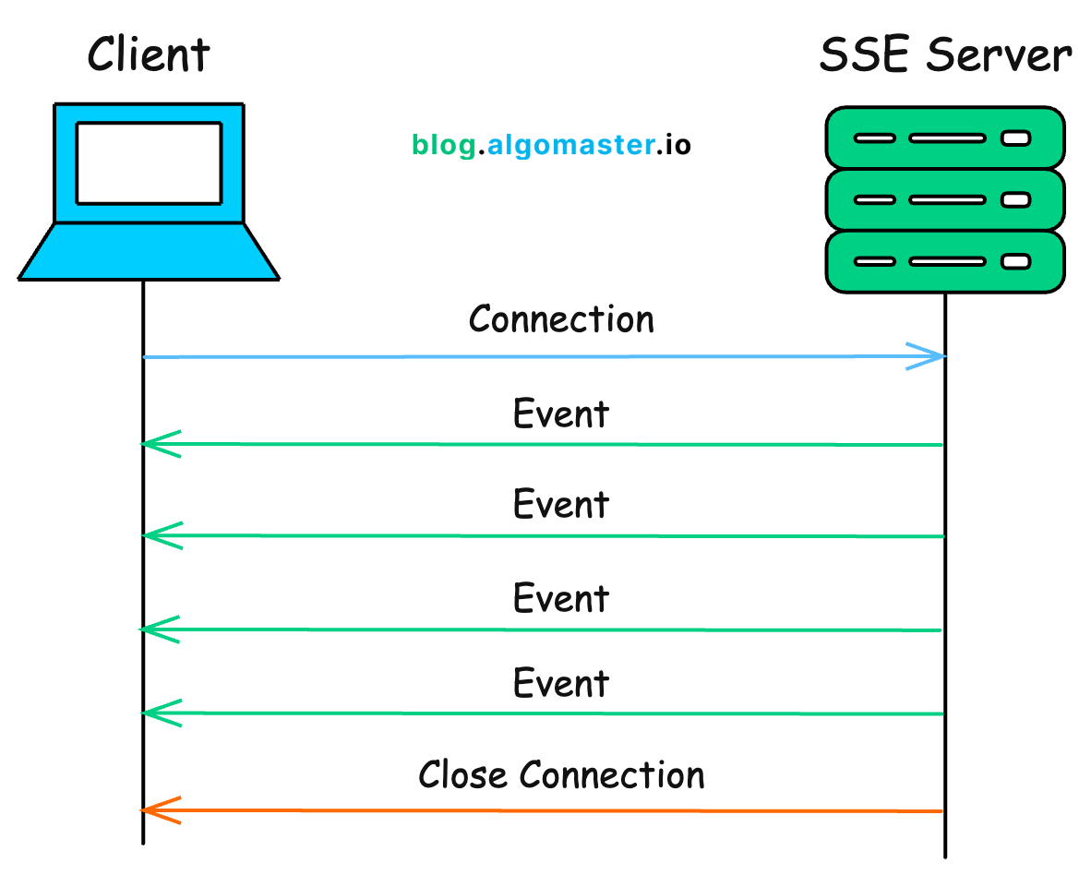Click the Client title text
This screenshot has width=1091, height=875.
149,54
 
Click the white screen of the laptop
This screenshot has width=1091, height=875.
149,163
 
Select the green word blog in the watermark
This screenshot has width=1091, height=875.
444,146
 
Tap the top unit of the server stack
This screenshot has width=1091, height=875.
944,138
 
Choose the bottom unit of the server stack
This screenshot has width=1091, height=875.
944,261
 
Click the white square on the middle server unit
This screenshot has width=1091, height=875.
1015,199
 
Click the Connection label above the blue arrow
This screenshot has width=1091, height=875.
561,319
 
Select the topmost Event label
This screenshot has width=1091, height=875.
561,414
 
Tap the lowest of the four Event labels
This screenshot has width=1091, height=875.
561,684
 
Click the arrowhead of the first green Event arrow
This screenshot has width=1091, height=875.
157,444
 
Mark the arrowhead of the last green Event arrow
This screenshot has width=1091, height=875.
157,713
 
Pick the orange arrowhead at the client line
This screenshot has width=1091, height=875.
157,810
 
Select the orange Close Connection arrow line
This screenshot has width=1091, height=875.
554,811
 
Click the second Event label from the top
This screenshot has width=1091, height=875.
561,505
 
